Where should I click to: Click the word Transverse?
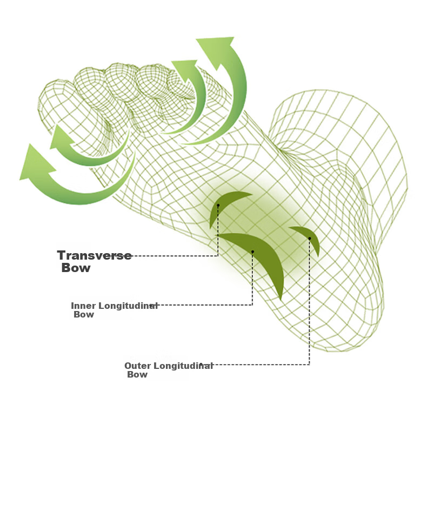pos(95,255)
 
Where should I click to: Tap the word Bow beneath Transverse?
pos(76,268)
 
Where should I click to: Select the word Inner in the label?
pos(84,306)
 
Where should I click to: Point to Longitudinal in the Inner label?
pos(128,306)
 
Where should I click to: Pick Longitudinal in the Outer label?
pos(183,366)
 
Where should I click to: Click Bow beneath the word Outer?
pos(137,374)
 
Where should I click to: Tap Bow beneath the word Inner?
pos(84,315)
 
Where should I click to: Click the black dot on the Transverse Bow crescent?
pos(218,206)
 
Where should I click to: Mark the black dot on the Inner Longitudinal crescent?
pos(252,252)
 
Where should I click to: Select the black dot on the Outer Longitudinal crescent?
pos(310,238)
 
